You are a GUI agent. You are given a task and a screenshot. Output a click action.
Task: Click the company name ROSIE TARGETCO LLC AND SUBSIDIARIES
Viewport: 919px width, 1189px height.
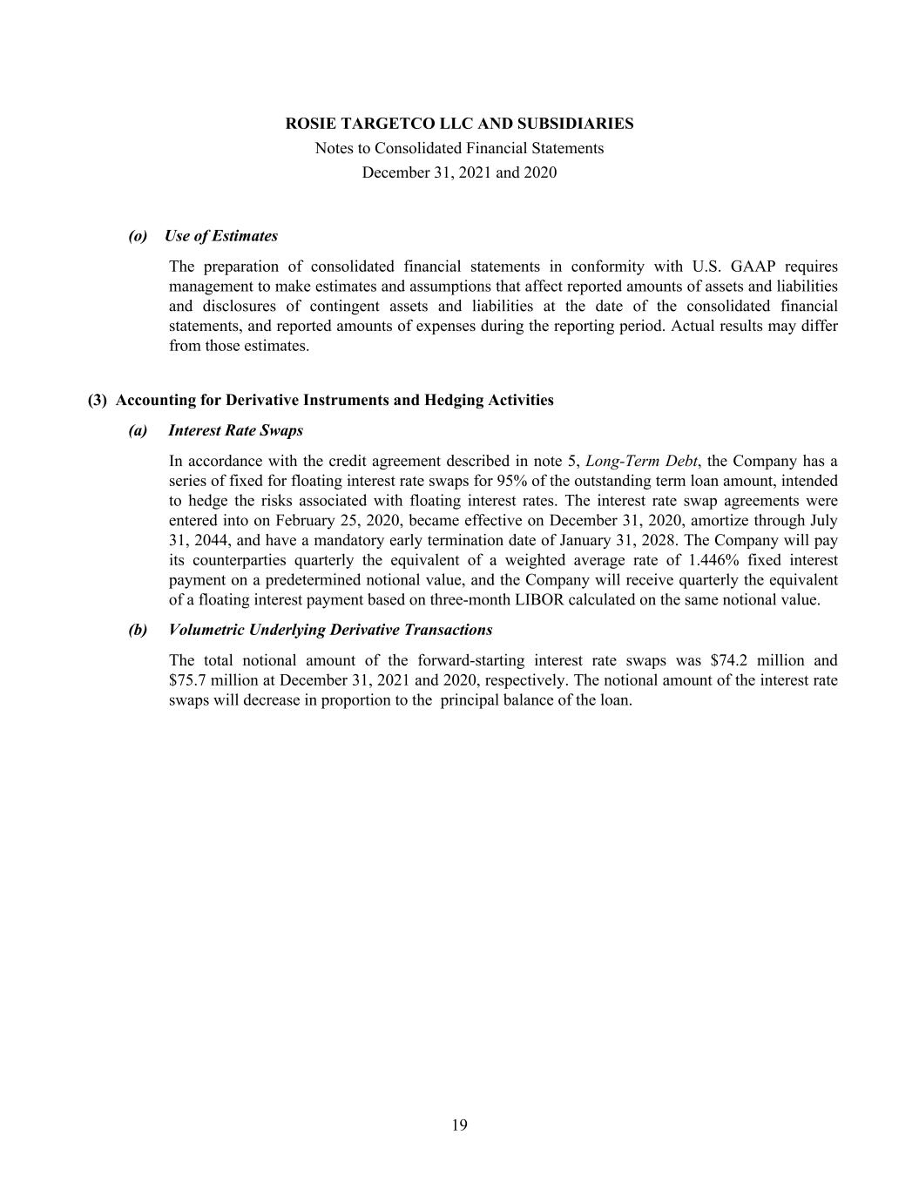[459, 124]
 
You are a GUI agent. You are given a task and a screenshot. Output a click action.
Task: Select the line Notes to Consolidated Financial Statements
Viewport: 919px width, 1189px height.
[459, 148]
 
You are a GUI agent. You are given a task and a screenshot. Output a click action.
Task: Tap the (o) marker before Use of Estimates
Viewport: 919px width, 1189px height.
[138, 236]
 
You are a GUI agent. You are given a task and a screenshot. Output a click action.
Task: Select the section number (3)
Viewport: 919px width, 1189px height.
[97, 401]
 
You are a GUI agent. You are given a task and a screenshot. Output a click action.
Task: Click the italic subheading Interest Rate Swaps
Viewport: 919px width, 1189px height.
[235, 431]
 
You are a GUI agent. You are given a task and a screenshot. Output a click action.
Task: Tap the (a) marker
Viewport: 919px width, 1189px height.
[138, 431]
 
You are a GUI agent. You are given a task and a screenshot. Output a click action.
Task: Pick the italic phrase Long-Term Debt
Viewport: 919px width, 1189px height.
[642, 462]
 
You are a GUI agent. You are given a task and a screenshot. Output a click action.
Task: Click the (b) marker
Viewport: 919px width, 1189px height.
[138, 630]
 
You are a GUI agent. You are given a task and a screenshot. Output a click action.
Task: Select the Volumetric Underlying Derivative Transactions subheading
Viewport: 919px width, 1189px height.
[330, 630]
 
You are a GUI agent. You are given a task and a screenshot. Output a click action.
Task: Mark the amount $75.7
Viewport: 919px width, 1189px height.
[189, 680]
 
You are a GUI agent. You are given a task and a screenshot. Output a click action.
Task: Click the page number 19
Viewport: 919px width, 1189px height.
[459, 1125]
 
